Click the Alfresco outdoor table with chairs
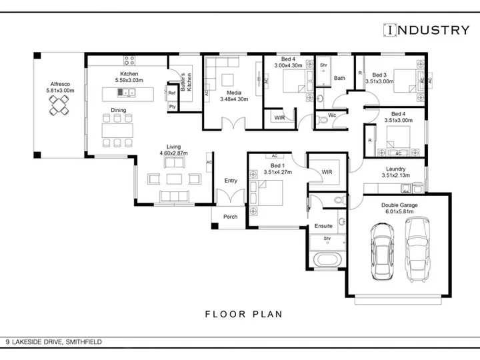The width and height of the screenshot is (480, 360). point(59,105)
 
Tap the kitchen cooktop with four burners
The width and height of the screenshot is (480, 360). point(129,60)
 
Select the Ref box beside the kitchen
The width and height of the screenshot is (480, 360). point(172,93)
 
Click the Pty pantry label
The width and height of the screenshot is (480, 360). point(173,107)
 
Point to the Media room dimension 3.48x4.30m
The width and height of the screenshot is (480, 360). point(234,99)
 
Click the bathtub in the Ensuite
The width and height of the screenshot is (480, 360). point(327,260)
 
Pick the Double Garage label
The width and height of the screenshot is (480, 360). point(399,205)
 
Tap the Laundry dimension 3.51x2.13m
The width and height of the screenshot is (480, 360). point(396,175)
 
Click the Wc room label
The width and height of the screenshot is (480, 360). point(332,115)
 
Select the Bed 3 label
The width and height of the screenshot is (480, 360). point(379,75)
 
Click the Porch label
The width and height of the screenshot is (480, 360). point(231,217)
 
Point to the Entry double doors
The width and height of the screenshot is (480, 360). point(231,197)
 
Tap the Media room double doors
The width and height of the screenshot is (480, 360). point(233,123)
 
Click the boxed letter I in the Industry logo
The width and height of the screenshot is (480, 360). point(390,30)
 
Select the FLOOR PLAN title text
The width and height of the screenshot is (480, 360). point(244,314)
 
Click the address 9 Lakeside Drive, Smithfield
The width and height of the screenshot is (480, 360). point(53,341)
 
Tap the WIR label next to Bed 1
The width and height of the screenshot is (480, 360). point(327,172)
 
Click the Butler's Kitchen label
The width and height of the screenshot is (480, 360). point(186,82)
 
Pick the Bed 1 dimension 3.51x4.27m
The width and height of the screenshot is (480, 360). point(278,172)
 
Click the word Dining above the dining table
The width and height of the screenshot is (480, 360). point(119,110)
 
